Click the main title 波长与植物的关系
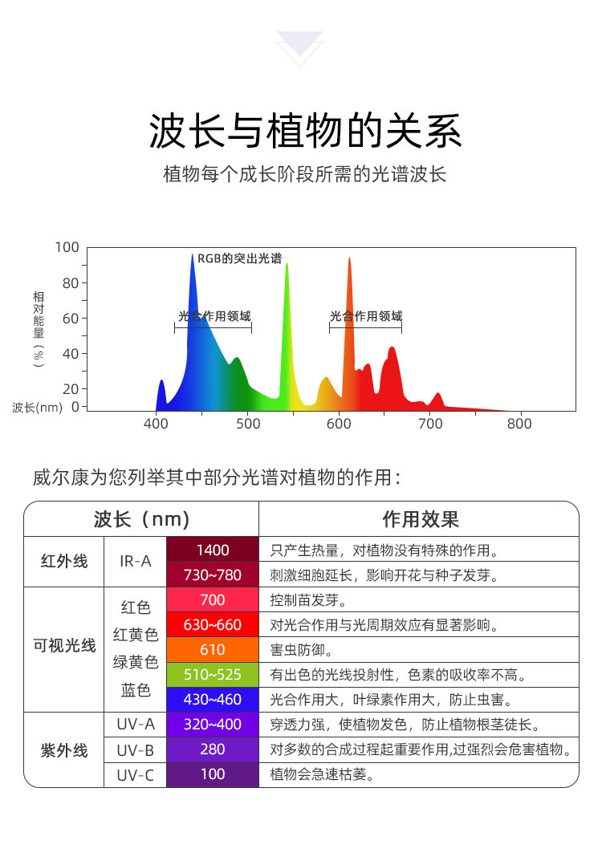[x=305, y=132]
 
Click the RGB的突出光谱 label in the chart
[x=239, y=258]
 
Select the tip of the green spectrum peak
[x=287, y=264]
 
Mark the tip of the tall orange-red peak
[x=349, y=258]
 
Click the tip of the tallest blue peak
[x=193, y=254]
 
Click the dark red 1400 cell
[x=213, y=549]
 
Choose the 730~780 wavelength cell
[x=213, y=575]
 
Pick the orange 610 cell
[x=213, y=650]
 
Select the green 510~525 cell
[x=213, y=674]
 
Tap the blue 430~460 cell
[x=213, y=700]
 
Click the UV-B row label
[x=135, y=749]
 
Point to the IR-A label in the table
[x=135, y=561]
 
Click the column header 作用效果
[x=421, y=519]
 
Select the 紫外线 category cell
[x=64, y=750]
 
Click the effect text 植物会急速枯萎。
[x=323, y=774]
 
